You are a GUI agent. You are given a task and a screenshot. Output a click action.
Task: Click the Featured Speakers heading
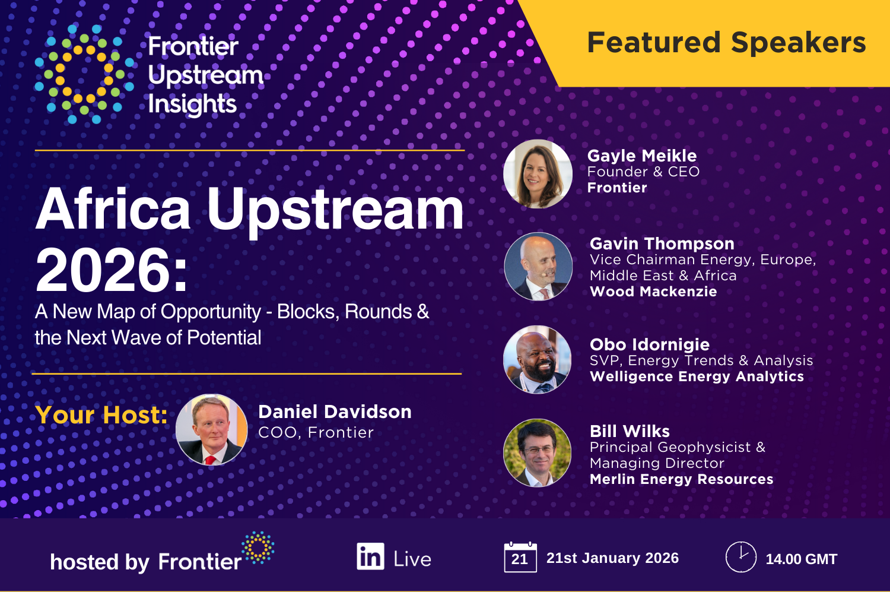click(x=726, y=43)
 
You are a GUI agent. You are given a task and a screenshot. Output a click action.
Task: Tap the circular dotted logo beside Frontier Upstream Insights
click(x=84, y=74)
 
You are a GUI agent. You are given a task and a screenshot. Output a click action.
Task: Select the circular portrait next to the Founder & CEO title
click(x=538, y=174)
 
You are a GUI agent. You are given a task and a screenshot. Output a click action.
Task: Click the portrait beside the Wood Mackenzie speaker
click(x=538, y=267)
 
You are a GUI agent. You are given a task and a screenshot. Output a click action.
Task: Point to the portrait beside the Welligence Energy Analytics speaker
click(x=538, y=359)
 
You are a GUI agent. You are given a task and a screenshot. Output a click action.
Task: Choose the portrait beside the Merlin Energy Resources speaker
click(x=538, y=452)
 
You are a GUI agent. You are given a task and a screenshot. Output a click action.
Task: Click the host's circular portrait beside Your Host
click(x=212, y=429)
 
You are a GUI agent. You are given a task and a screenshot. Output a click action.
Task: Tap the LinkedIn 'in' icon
click(x=370, y=557)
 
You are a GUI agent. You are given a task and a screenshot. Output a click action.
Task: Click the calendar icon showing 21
click(x=520, y=558)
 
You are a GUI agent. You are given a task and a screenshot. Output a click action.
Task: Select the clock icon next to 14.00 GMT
click(x=740, y=557)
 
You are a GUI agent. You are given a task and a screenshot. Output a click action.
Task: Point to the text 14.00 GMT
click(x=801, y=559)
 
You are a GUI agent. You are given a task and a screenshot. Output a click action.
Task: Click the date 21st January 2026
click(x=612, y=558)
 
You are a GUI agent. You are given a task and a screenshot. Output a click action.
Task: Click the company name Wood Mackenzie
click(x=653, y=292)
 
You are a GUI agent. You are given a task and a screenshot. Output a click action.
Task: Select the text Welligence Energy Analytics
click(x=697, y=376)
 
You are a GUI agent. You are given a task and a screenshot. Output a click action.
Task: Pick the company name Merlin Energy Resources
click(x=681, y=479)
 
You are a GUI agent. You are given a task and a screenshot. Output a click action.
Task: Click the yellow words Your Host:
click(x=101, y=415)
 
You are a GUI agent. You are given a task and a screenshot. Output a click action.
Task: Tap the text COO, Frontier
click(x=316, y=432)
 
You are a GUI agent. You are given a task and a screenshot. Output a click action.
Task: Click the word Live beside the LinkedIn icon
click(x=412, y=559)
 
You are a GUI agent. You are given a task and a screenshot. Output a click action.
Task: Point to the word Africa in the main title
click(x=113, y=209)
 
